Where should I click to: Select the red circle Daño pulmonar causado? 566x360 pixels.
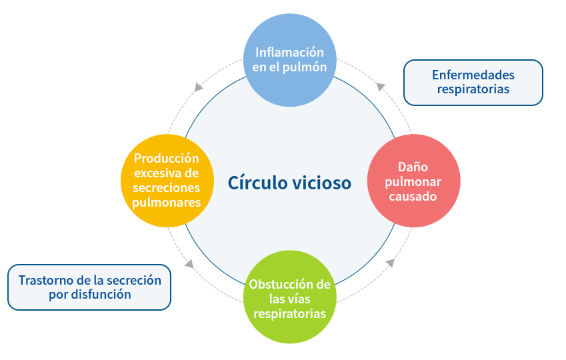(413, 181)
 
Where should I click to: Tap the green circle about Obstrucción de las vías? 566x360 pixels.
(289, 298)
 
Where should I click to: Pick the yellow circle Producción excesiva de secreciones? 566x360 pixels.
(167, 181)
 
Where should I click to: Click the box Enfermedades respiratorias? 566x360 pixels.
(473, 82)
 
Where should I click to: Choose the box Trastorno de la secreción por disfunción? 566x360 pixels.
(89, 287)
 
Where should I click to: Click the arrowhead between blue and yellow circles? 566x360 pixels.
(198, 87)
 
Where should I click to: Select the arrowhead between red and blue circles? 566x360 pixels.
(380, 86)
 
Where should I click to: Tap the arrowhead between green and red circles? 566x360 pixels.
(391, 263)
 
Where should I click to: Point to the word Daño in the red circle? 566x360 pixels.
(413, 167)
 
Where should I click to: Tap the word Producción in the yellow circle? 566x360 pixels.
(167, 159)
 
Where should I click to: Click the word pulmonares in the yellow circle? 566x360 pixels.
(167, 203)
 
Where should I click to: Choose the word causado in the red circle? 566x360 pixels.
(413, 197)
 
